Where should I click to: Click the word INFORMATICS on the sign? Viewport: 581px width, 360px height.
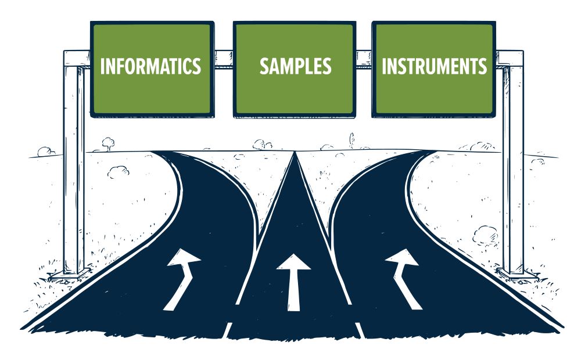(x=150, y=66)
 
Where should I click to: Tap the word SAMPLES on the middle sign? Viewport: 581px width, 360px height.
(x=295, y=66)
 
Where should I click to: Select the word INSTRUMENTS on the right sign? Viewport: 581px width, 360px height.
(x=434, y=66)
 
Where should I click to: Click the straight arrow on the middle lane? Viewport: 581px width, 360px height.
(x=294, y=279)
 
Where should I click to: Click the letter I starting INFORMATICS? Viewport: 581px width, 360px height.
(x=102, y=66)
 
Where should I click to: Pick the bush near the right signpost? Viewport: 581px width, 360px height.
(x=485, y=235)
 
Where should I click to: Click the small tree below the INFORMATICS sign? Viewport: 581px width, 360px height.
(x=107, y=142)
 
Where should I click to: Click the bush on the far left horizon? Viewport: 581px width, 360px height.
(x=45, y=152)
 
